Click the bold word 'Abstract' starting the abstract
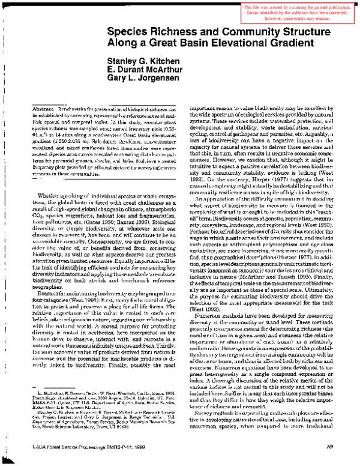click(40, 106)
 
